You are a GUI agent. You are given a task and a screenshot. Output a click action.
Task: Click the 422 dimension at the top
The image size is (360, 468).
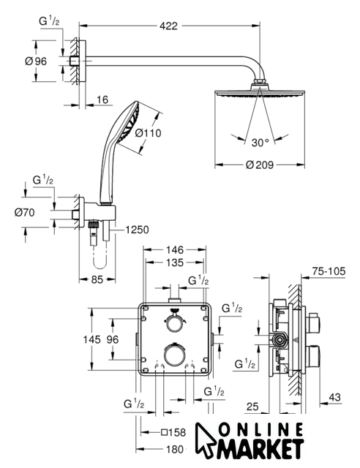point(168,26)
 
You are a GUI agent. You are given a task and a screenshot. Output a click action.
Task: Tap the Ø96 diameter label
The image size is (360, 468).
point(36,61)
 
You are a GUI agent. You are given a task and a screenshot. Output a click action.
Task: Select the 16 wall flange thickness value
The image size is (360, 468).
point(102,99)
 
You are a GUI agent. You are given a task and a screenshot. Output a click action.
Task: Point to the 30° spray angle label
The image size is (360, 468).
point(260,143)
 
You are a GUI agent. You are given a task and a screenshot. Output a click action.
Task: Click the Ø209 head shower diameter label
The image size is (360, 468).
point(260,165)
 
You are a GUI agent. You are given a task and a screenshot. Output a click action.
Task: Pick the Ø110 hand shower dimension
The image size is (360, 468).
point(148,133)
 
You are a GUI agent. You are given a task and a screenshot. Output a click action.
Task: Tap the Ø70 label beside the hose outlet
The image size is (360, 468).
point(24,213)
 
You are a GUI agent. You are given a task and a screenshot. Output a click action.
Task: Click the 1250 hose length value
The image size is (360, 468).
point(137,230)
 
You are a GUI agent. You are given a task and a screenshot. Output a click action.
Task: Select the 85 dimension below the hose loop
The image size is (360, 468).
point(97,279)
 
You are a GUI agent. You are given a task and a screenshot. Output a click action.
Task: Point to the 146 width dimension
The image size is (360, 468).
point(175,249)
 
